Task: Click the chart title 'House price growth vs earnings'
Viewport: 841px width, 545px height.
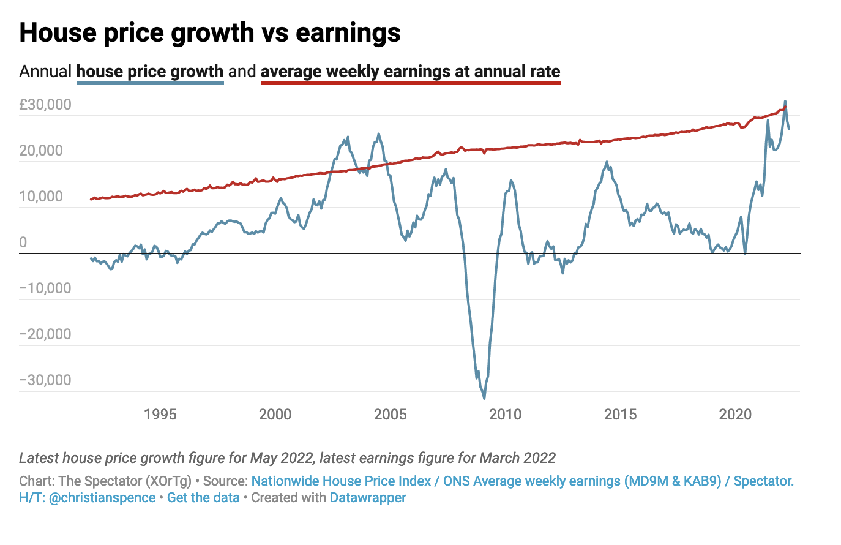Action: [x=210, y=33]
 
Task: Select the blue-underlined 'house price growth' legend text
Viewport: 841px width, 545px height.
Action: [x=150, y=72]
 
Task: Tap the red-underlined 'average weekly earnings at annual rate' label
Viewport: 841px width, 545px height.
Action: [x=410, y=72]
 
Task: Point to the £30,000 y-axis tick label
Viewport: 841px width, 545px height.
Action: [x=45, y=105]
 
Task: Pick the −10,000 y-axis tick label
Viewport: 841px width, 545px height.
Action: [x=45, y=288]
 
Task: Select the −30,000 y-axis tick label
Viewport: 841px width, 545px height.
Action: [x=45, y=380]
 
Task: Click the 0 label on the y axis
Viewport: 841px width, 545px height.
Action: [x=23, y=242]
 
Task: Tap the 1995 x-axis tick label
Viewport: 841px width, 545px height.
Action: [x=160, y=415]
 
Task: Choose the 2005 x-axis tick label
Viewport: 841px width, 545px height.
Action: [x=390, y=415]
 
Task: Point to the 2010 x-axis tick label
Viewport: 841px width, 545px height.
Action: [x=505, y=415]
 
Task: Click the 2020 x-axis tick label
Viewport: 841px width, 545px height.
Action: [x=735, y=415]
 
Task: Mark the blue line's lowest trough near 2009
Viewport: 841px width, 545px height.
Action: [x=484, y=398]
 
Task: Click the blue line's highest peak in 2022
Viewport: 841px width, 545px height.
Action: [x=785, y=102]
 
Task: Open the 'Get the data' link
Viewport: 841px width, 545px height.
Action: [x=203, y=497]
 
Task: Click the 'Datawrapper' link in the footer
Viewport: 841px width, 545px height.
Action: [x=368, y=497]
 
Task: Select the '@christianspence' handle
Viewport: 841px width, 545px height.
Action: [x=102, y=497]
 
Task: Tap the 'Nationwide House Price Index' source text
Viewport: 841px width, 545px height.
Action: [x=341, y=481]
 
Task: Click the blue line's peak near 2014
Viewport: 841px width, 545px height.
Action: [x=607, y=162]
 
